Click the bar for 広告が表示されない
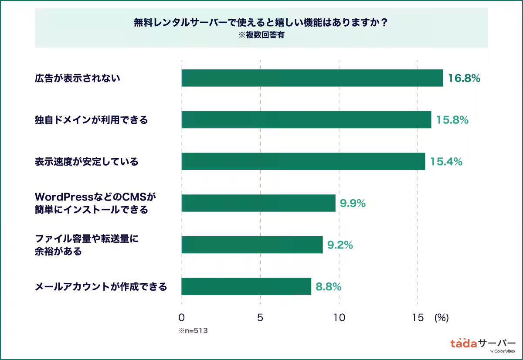[312, 78]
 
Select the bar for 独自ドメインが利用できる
[306, 119]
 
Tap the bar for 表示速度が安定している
[303, 161]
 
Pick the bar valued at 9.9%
[258, 203]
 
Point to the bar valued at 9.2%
[252, 245]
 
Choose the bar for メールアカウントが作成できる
[246, 286]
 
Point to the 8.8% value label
[329, 287]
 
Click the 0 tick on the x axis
[182, 318]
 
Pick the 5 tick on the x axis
[260, 318]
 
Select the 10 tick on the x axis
[339, 318]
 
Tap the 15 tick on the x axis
[418, 318]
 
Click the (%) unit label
[441, 318]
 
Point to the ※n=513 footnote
[193, 331]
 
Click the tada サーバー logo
[482, 344]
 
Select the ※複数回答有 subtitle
[261, 36]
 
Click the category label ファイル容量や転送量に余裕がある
[89, 245]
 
